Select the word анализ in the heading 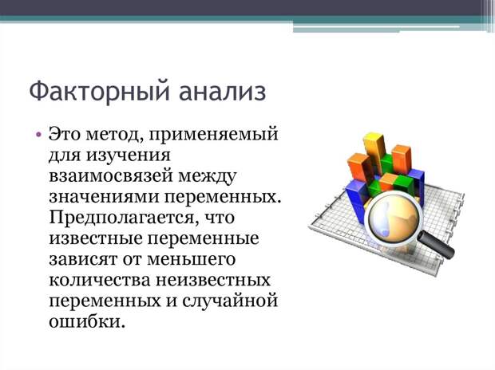[x=222, y=92]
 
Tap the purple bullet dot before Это [x=38, y=135]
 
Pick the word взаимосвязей [x=111, y=176]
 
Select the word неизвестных [x=213, y=281]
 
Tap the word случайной [x=230, y=301]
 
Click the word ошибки [x=85, y=321]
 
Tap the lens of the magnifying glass [x=394, y=218]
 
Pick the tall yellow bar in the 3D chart [x=374, y=151]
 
